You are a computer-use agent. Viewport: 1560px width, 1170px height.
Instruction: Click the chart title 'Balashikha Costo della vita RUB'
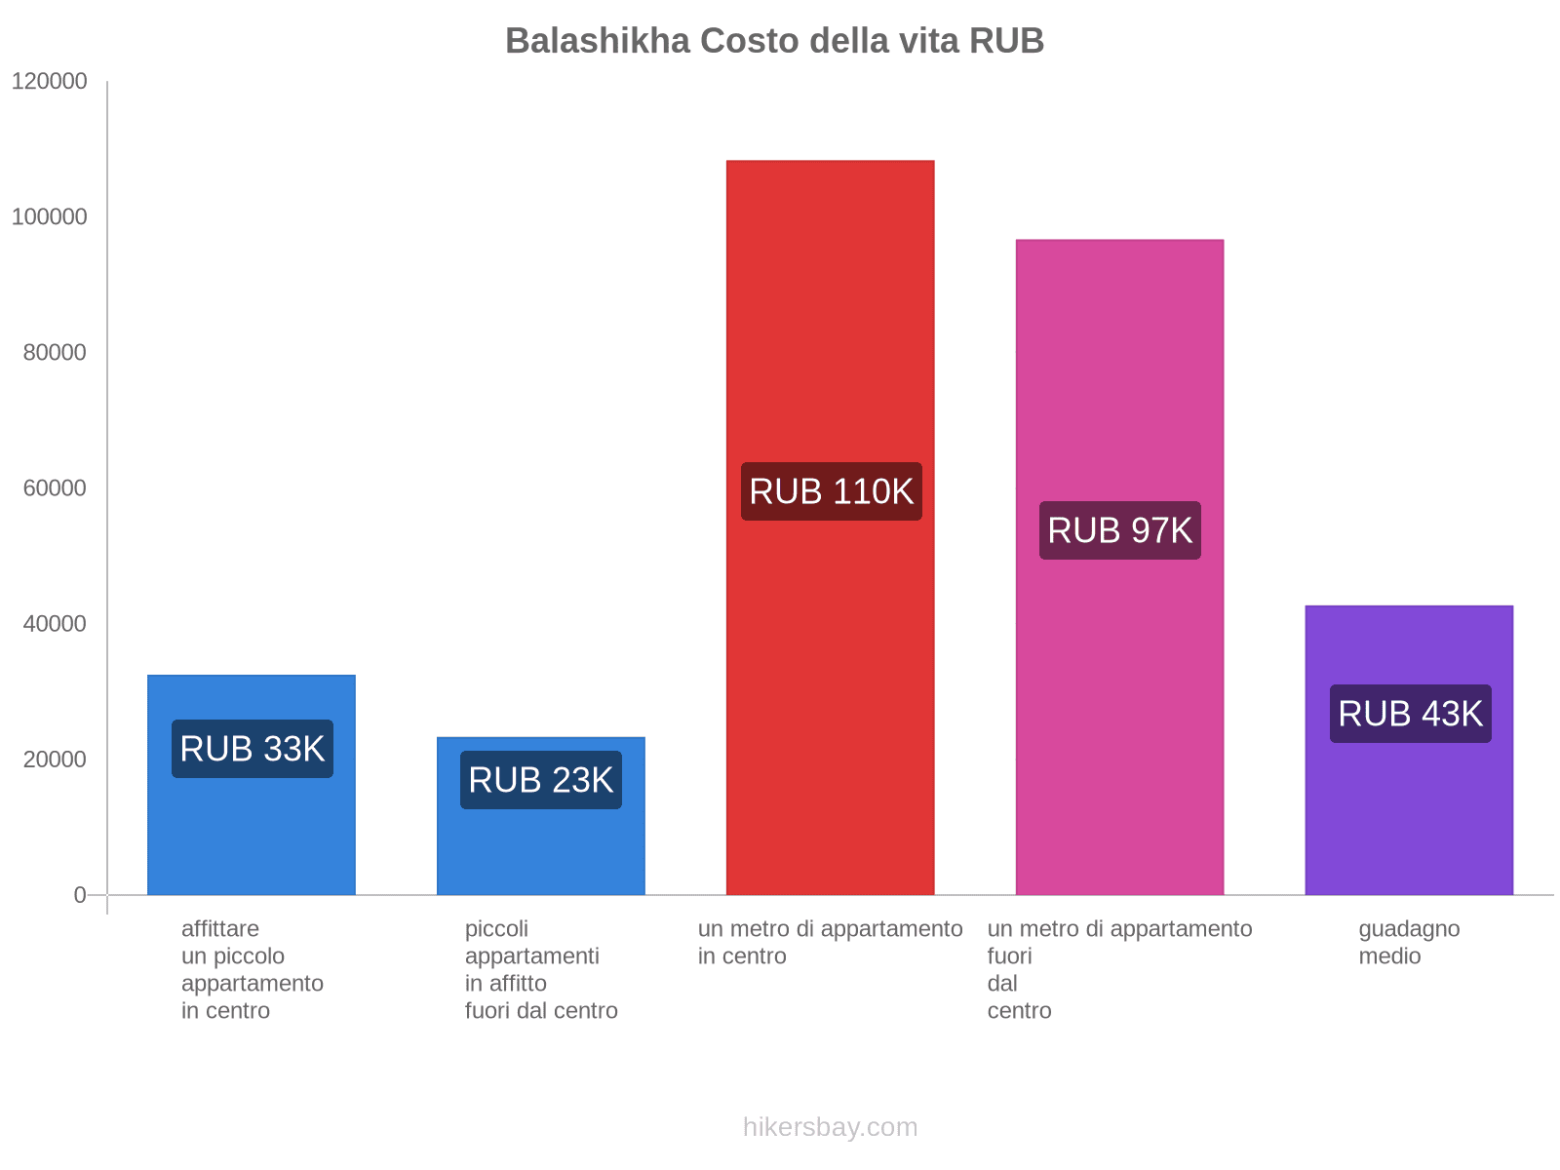click(x=774, y=41)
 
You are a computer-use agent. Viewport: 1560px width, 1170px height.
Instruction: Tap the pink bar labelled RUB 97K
click(x=1119, y=390)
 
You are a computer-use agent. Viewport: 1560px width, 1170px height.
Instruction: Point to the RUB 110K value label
click(x=831, y=491)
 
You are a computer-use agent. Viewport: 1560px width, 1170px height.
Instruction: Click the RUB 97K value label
click(x=1119, y=530)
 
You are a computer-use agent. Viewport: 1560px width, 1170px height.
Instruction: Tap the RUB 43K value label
click(x=1410, y=714)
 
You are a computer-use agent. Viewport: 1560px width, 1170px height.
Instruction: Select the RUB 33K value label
click(x=253, y=749)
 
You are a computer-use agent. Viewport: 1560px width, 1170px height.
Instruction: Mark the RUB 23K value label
click(x=541, y=780)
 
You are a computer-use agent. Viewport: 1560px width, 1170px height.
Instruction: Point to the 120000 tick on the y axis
click(x=50, y=82)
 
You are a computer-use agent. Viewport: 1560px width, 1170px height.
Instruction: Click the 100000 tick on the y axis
click(x=50, y=217)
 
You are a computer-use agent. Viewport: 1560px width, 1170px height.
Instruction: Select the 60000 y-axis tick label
click(x=55, y=488)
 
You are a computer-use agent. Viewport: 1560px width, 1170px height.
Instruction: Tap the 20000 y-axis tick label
click(x=55, y=760)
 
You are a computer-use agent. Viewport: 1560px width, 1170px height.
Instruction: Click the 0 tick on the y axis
click(x=80, y=895)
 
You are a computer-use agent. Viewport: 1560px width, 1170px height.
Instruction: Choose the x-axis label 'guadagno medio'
click(x=1409, y=943)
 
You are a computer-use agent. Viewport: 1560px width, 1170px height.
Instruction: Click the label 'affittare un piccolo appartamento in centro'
click(x=252, y=970)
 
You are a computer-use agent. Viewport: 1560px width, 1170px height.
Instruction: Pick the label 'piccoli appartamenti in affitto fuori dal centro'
click(x=540, y=970)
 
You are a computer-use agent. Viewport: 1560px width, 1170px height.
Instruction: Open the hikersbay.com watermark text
click(x=830, y=1128)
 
